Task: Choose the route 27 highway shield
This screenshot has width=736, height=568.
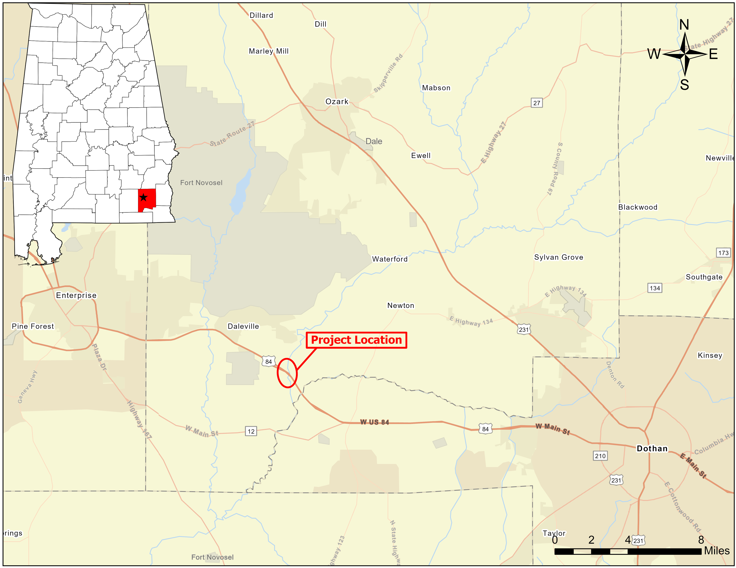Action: click(x=536, y=103)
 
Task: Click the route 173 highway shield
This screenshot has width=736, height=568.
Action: click(x=723, y=253)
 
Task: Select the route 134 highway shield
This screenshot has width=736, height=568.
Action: click(x=654, y=288)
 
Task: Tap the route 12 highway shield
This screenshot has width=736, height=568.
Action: click(x=251, y=431)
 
